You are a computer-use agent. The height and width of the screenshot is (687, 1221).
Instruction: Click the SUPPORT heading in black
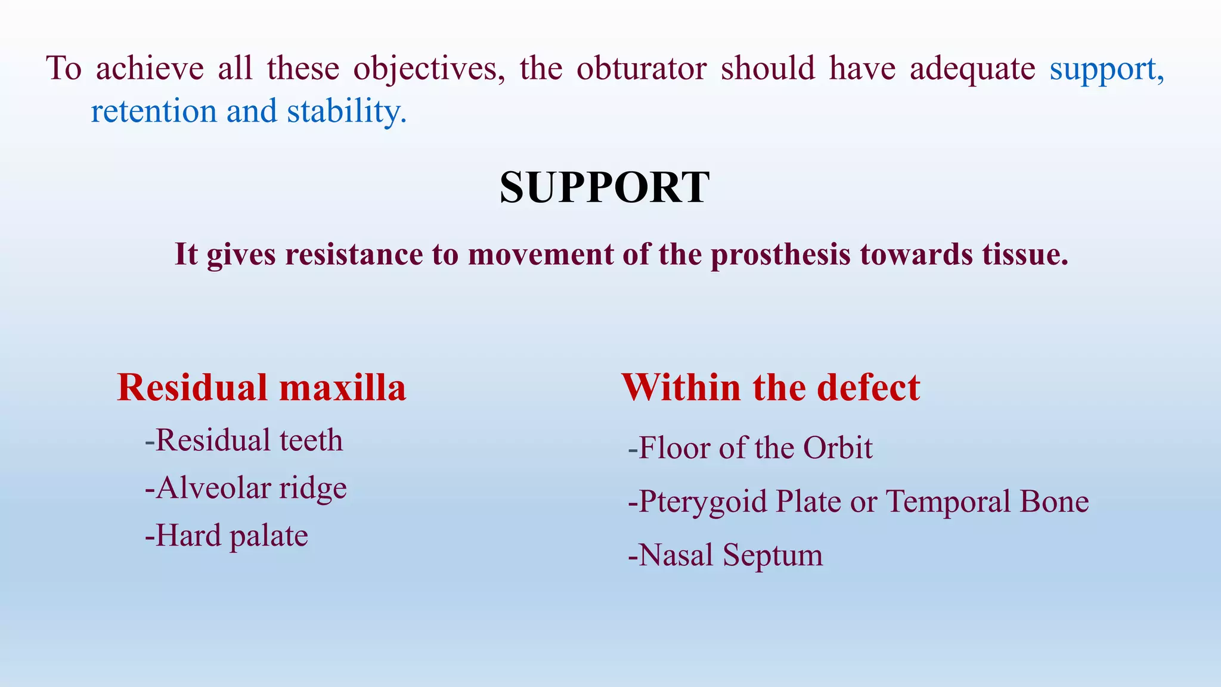[x=604, y=188]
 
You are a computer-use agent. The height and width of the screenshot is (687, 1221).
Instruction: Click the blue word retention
[x=153, y=112]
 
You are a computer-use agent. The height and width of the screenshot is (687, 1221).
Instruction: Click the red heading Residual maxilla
[x=261, y=388]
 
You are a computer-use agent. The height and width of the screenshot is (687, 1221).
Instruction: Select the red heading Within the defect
[x=770, y=388]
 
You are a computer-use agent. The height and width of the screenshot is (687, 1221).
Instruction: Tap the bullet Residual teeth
[x=244, y=441]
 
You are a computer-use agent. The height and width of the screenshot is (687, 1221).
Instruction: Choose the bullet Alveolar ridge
[x=246, y=488]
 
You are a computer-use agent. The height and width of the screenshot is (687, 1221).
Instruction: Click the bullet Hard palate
[x=227, y=536]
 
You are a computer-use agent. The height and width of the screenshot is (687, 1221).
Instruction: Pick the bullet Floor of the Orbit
[x=750, y=448]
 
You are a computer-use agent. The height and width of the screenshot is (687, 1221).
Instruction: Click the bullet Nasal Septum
[x=725, y=555]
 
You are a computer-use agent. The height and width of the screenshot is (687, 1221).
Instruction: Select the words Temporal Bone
[x=987, y=502]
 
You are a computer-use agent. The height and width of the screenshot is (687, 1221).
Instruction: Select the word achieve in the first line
[x=150, y=69]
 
